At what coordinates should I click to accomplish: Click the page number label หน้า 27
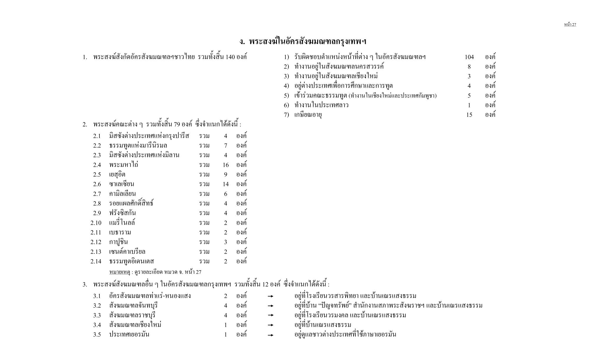(x=570, y=24)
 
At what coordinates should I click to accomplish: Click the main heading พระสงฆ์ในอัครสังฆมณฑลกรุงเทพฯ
(x=303, y=41)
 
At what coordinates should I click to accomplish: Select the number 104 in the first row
(x=469, y=57)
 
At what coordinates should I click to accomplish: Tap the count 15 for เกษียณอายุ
(x=469, y=115)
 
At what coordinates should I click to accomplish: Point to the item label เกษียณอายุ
(x=308, y=115)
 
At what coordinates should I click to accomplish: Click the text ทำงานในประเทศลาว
(x=321, y=105)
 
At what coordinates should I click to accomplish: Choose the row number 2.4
(x=97, y=165)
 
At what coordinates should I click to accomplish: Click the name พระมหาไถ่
(x=124, y=165)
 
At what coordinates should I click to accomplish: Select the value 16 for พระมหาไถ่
(x=225, y=165)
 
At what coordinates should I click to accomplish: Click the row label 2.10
(x=96, y=223)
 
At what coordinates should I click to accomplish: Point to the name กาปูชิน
(x=118, y=242)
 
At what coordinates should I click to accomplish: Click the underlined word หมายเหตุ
(x=119, y=272)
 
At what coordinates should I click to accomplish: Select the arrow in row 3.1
(x=271, y=296)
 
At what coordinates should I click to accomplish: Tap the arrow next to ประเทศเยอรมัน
(x=271, y=335)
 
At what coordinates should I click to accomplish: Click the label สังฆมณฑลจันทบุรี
(x=133, y=306)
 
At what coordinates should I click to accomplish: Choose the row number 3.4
(x=97, y=325)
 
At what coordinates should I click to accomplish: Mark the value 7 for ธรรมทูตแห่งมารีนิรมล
(x=225, y=146)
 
